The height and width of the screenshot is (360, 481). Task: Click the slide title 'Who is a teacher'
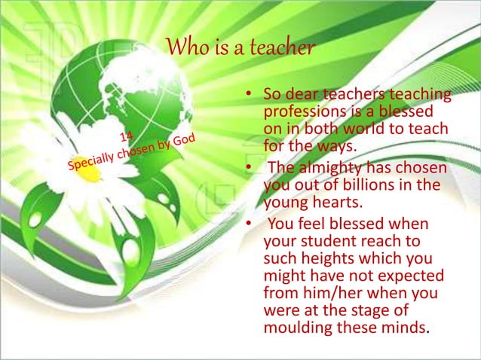point(239,49)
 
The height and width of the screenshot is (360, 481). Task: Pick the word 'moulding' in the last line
point(295,328)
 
